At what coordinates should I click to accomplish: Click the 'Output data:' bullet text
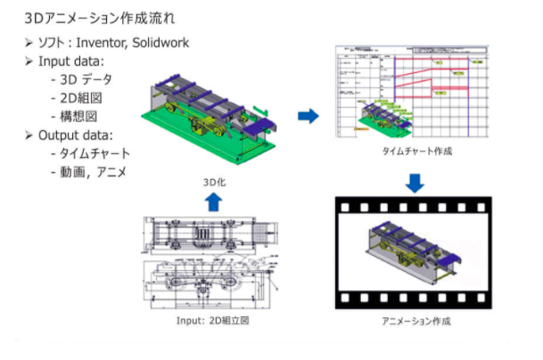point(73,135)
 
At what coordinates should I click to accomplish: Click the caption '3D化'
point(214,181)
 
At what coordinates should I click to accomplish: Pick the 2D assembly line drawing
point(211,261)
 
